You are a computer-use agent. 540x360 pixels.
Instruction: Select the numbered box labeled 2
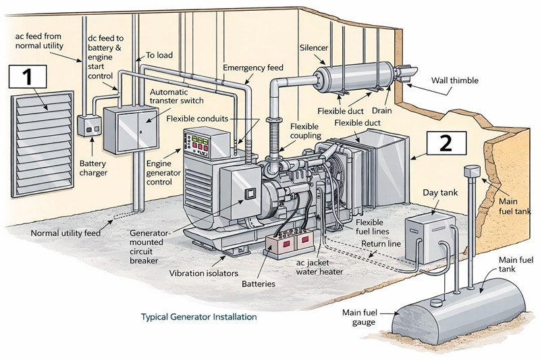point(446,143)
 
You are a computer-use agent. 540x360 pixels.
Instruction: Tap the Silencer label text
point(315,47)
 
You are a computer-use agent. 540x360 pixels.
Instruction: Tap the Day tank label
point(440,193)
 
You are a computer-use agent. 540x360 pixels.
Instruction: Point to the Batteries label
point(259,284)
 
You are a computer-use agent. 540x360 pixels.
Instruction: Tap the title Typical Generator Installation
point(198,316)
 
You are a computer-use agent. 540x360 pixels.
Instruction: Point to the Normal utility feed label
point(65,234)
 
